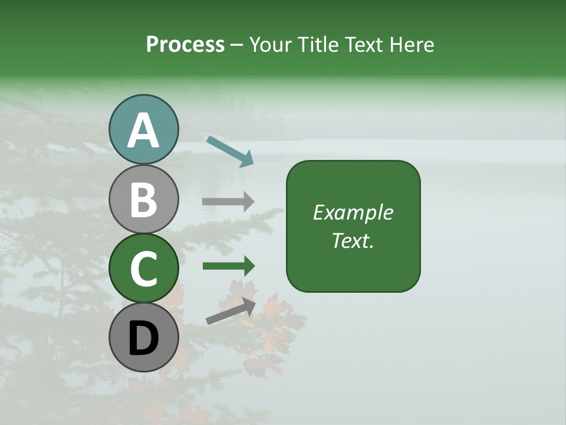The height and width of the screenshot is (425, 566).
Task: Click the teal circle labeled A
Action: [144, 130]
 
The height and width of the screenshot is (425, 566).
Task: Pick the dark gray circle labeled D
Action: [144, 337]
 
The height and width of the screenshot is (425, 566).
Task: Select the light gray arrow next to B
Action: [228, 202]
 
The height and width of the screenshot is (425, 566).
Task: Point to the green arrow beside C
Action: [228, 266]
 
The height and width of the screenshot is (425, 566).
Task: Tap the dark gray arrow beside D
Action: [231, 311]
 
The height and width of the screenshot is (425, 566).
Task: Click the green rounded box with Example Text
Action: [353, 226]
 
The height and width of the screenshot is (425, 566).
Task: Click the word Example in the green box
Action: [353, 212]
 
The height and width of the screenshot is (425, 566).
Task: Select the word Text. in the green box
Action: [353, 240]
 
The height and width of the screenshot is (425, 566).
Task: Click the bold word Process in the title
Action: [185, 44]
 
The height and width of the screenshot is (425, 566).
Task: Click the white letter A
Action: [144, 131]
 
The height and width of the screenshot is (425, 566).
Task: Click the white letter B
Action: [144, 200]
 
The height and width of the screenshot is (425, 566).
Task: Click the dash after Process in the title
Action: [237, 45]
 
